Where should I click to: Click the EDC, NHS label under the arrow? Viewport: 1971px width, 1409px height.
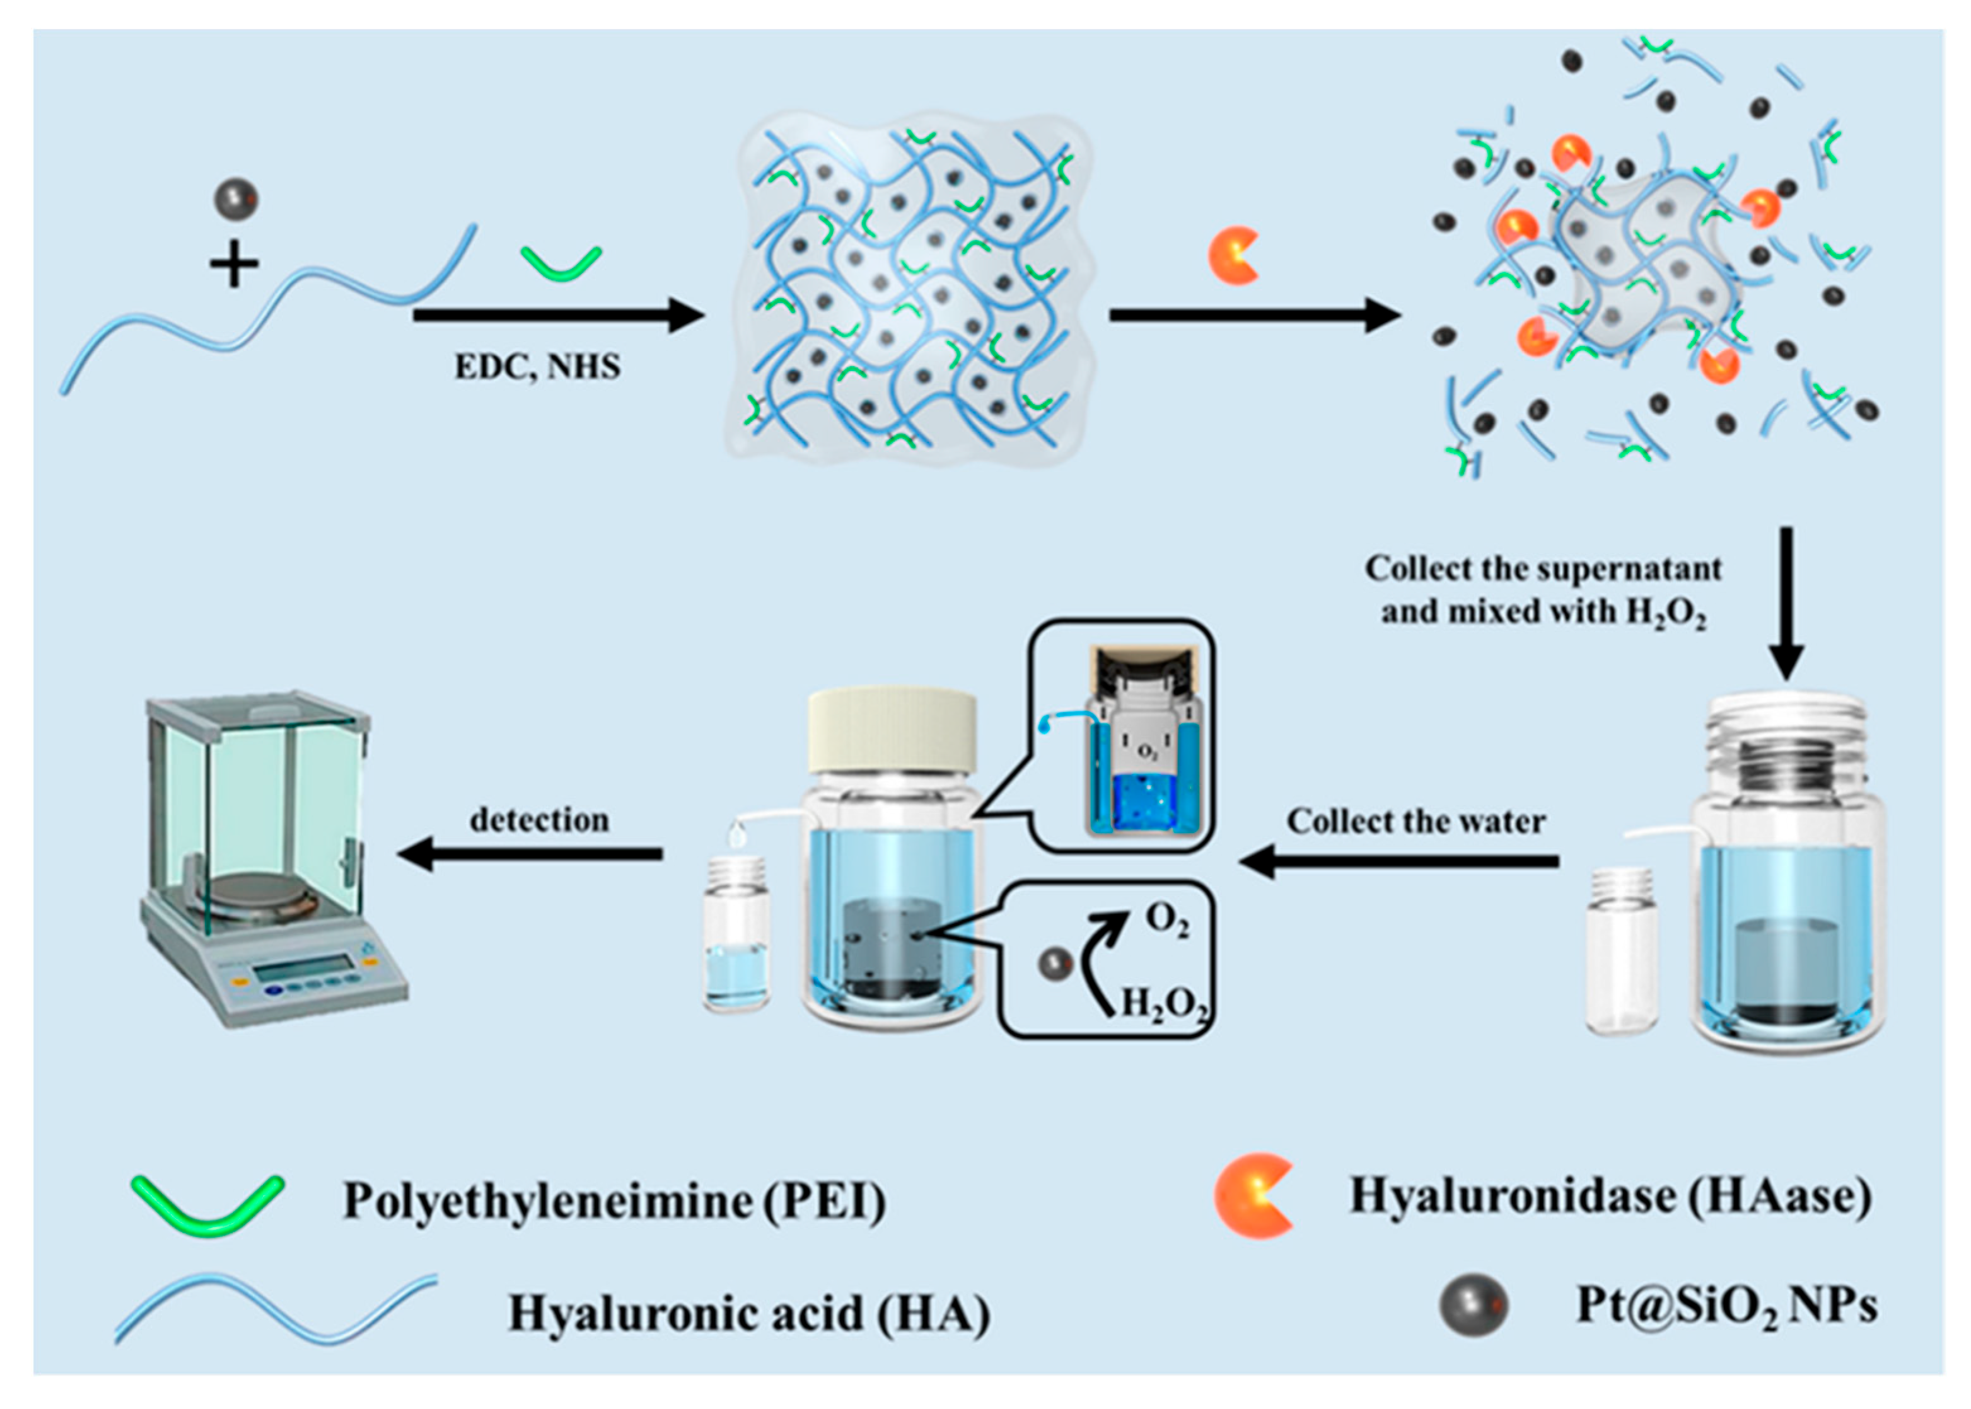(537, 367)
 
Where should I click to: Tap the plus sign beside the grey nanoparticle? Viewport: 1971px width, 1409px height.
(235, 263)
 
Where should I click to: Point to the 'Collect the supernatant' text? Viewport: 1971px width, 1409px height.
(1542, 569)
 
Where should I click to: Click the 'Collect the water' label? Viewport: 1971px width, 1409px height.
(1416, 820)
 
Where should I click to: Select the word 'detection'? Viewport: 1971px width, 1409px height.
(539, 819)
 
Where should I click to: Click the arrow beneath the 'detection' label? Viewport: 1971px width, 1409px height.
(530, 854)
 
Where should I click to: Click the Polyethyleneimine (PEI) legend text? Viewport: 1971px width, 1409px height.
(615, 1202)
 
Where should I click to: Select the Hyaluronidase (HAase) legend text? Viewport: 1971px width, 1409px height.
(1610, 1197)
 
